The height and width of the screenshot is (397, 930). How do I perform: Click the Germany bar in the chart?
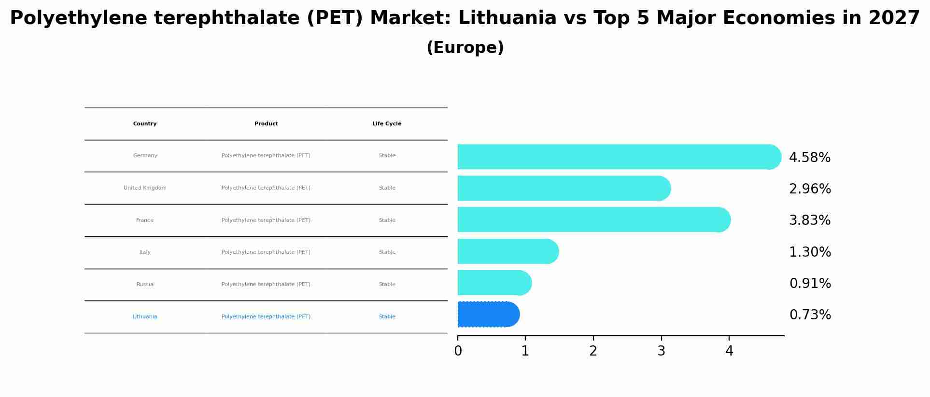pyautogui.click(x=618, y=157)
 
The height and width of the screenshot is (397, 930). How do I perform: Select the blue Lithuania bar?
pyautogui.click(x=488, y=315)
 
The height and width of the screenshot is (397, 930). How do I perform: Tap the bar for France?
pyautogui.click(x=593, y=219)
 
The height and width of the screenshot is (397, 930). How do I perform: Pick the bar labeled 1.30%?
pyautogui.click(x=507, y=251)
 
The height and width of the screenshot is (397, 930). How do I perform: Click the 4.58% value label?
pyautogui.click(x=809, y=158)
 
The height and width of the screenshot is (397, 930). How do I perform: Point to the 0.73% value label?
pyautogui.click(x=810, y=315)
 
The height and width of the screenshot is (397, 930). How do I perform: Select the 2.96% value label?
pyautogui.click(x=809, y=189)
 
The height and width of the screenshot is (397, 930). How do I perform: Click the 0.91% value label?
pyautogui.click(x=810, y=284)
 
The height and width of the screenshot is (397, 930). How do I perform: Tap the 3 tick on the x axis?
pyautogui.click(x=661, y=351)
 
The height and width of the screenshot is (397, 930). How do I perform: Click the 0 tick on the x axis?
pyautogui.click(x=458, y=351)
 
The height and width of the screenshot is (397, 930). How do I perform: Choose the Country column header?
pyautogui.click(x=145, y=124)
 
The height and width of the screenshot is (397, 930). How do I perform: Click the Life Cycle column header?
pyautogui.click(x=386, y=124)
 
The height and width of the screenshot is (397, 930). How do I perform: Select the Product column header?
pyautogui.click(x=266, y=124)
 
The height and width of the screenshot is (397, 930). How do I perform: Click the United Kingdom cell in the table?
pyautogui.click(x=145, y=188)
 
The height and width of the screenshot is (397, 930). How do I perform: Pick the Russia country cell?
pyautogui.click(x=145, y=285)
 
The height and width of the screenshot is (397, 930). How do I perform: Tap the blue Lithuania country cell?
pyautogui.click(x=145, y=317)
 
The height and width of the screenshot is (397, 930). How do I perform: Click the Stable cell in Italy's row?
pyautogui.click(x=387, y=252)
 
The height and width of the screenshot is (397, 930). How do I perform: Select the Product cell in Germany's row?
pyautogui.click(x=266, y=156)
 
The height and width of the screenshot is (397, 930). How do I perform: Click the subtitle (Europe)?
pyautogui.click(x=465, y=48)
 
